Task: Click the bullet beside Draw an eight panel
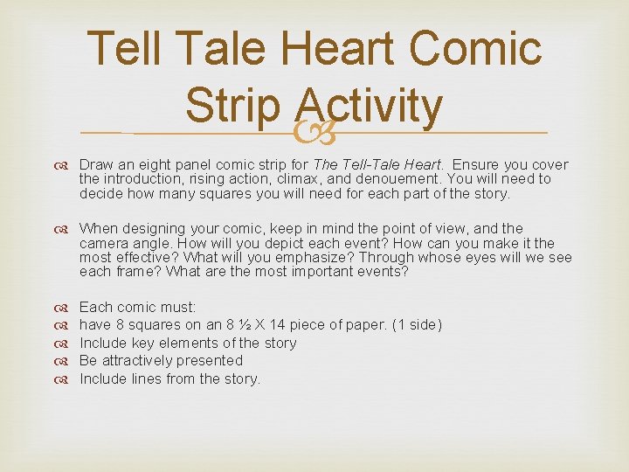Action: tap(65, 165)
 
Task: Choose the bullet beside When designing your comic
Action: tap(65, 229)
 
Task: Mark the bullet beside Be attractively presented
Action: tap(65, 360)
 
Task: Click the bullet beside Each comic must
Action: tap(65, 308)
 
